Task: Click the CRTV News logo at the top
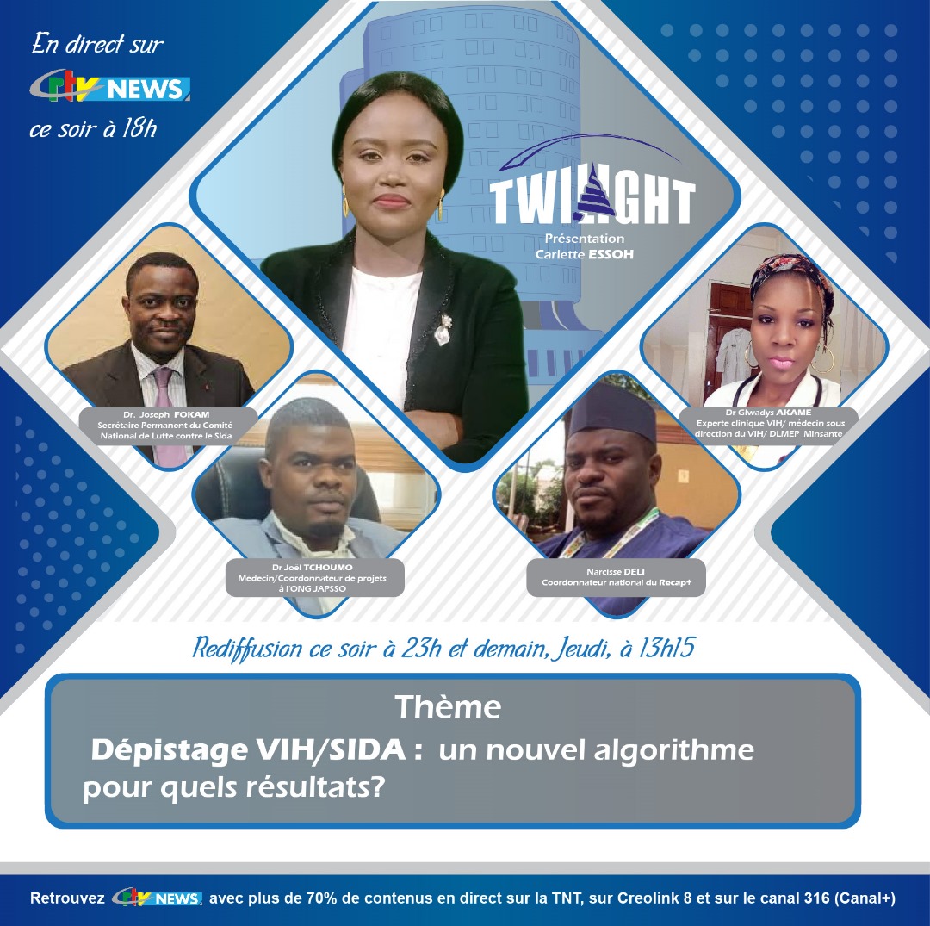coord(110,89)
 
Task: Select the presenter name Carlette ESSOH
coord(584,254)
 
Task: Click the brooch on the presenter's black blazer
coord(442,330)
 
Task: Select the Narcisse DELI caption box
coord(617,577)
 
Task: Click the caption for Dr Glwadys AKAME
coord(769,423)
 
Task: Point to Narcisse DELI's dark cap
coord(613,412)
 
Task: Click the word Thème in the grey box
coord(449,707)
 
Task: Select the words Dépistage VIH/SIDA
coord(248,750)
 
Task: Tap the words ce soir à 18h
coord(93,129)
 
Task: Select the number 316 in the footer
coord(816,898)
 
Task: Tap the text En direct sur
coord(98,45)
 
